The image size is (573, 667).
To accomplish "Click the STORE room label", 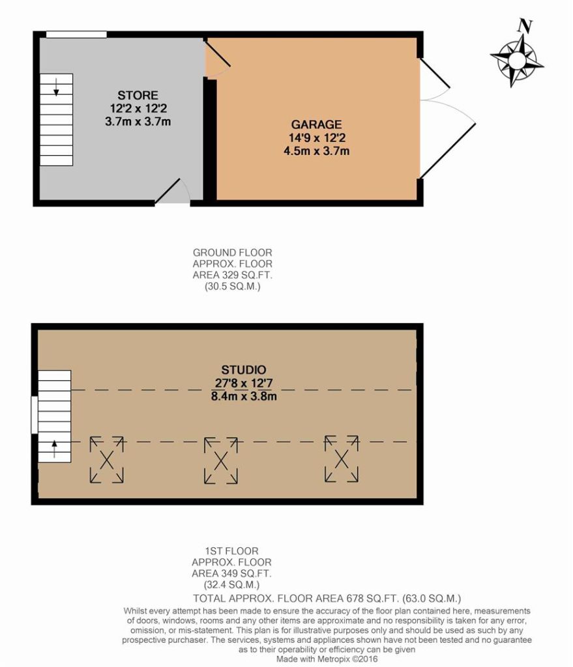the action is (138, 95).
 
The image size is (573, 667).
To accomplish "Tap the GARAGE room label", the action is (316, 124).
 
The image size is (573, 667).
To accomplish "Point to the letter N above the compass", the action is (525, 26).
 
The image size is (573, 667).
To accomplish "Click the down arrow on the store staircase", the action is (56, 87).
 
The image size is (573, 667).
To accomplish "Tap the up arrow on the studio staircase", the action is (55, 449).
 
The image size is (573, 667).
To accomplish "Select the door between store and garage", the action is (217, 57).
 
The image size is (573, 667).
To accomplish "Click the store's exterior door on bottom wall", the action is (172, 192).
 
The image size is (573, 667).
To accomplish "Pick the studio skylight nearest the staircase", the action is (106, 460).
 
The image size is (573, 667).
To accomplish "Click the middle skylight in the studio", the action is (221, 461).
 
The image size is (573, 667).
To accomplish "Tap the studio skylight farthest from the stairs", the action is (342, 459).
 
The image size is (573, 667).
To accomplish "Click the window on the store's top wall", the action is (76, 35).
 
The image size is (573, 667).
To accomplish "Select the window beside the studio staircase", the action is (35, 415).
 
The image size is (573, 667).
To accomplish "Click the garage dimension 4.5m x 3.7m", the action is (316, 151).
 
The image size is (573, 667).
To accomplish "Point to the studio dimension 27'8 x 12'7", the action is (244, 383).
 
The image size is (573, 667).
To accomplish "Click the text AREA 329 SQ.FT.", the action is (233, 275).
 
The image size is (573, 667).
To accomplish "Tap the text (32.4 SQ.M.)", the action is (231, 584).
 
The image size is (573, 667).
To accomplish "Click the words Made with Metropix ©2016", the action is (327, 659).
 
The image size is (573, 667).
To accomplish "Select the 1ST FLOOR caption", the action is (231, 551).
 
